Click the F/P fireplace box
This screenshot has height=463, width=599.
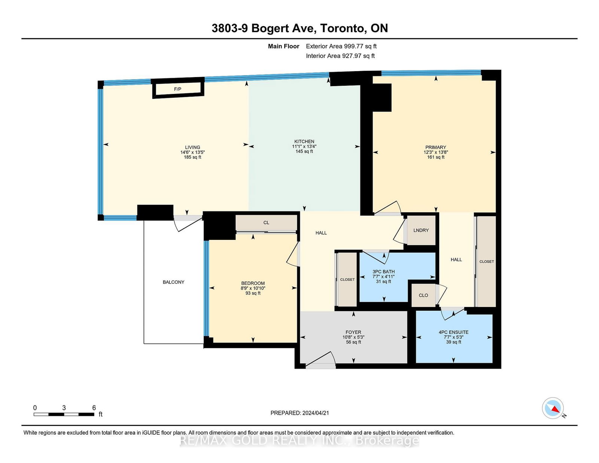coord(178,88)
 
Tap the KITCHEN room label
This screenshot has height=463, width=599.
coord(304,141)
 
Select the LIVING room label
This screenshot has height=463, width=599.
coord(192,147)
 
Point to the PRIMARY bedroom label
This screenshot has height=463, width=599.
coord(435,147)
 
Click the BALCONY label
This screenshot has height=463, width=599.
coord(173,282)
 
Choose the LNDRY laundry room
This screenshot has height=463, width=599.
coord(421,230)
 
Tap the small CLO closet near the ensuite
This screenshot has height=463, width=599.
coord(423,295)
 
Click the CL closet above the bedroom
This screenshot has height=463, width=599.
coord(266,223)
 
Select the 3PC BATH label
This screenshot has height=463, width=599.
coord(383,272)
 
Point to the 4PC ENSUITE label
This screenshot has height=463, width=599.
coord(453,332)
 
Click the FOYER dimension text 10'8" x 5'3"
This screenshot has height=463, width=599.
coord(353,337)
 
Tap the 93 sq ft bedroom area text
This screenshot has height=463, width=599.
coord(253,293)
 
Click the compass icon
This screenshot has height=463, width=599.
coord(553,408)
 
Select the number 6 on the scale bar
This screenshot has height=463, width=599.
coord(94,408)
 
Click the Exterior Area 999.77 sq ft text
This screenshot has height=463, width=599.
coord(341,46)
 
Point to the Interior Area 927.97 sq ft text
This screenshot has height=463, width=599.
coord(340,56)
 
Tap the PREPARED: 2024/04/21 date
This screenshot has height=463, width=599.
coord(299,413)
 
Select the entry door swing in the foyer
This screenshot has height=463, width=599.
coord(321,360)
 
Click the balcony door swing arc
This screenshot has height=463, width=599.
coord(188,224)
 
